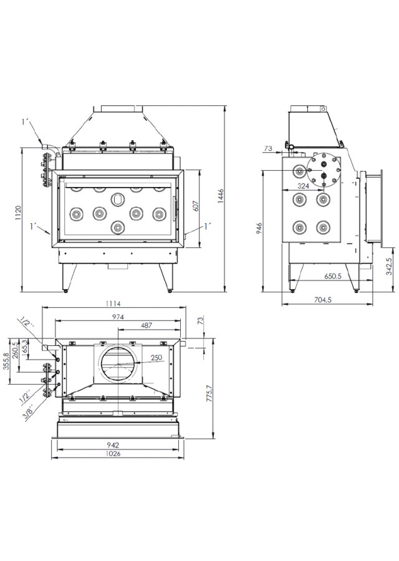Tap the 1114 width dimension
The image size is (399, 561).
coord(113,304)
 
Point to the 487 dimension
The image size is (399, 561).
coord(148,326)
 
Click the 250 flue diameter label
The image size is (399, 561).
coord(156,357)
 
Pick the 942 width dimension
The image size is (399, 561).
coord(113,445)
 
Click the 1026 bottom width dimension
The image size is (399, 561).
coord(113,454)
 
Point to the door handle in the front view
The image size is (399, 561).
coord(175,205)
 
